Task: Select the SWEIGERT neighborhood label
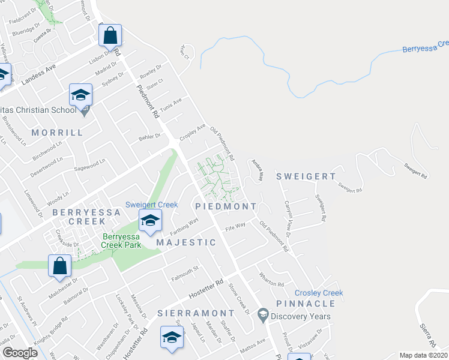click(306, 176)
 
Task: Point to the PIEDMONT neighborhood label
click(226, 206)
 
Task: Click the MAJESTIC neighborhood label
click(186, 242)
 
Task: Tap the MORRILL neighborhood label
click(56, 133)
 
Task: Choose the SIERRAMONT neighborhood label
click(196, 313)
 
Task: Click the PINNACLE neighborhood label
click(306, 304)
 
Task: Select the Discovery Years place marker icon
click(262, 314)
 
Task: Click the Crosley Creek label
click(318, 293)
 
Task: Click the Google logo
click(20, 353)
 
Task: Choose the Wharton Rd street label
click(271, 280)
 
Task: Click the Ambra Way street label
click(257, 170)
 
